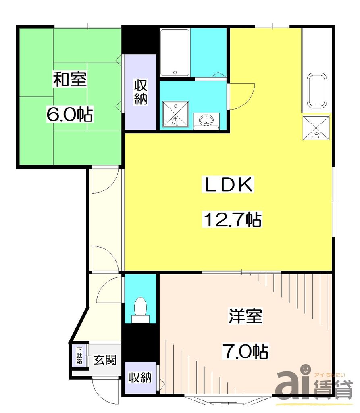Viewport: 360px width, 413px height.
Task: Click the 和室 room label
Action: click(x=70, y=79)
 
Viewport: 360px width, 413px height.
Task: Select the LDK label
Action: click(x=228, y=185)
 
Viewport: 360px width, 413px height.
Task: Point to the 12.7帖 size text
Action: click(x=233, y=220)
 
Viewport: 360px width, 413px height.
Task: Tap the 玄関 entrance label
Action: click(x=105, y=360)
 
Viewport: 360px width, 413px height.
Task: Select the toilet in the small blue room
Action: click(x=140, y=309)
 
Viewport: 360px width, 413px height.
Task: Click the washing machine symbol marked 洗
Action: click(x=175, y=115)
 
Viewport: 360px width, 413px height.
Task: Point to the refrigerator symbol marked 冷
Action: click(x=316, y=127)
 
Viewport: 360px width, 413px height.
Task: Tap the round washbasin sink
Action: click(x=206, y=120)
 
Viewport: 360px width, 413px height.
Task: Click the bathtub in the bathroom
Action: click(x=175, y=52)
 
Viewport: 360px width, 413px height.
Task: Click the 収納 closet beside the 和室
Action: click(x=140, y=92)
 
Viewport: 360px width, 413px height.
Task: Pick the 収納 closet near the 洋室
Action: click(x=140, y=378)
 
